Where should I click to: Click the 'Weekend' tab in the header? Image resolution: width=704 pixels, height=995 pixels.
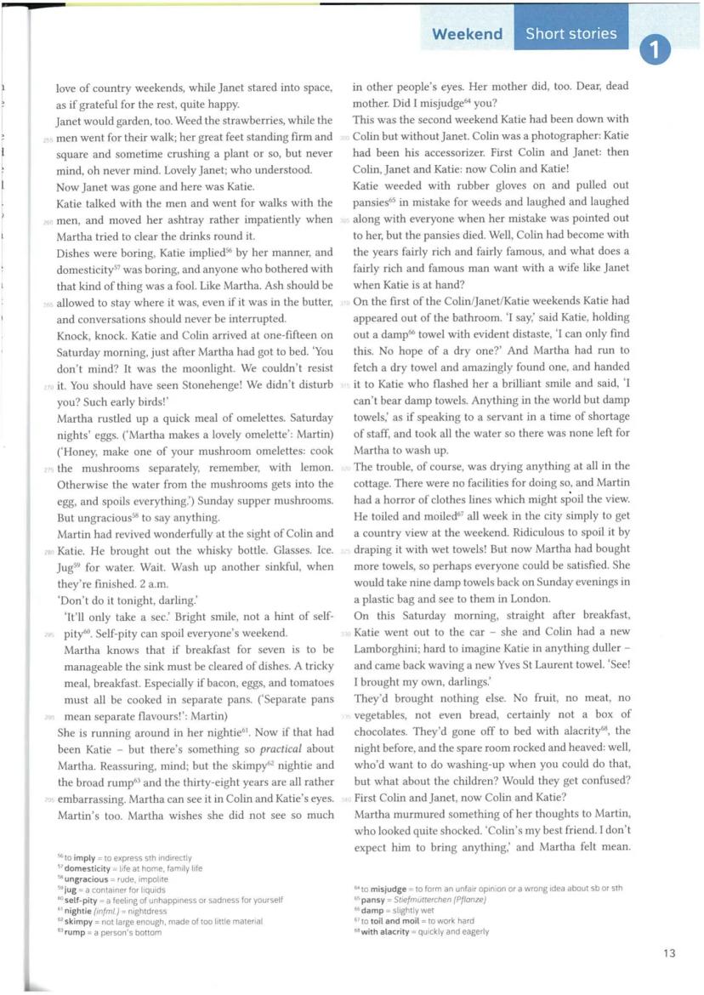coord(467,34)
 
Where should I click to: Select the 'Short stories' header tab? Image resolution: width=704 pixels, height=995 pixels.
coord(571,34)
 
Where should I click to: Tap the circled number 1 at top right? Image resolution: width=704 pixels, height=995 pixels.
coord(655,50)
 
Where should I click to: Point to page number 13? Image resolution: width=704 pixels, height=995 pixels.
coord(669,953)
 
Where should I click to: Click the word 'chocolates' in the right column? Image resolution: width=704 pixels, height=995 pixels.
coord(383,731)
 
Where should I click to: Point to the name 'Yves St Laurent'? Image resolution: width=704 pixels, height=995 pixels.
coord(531,664)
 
